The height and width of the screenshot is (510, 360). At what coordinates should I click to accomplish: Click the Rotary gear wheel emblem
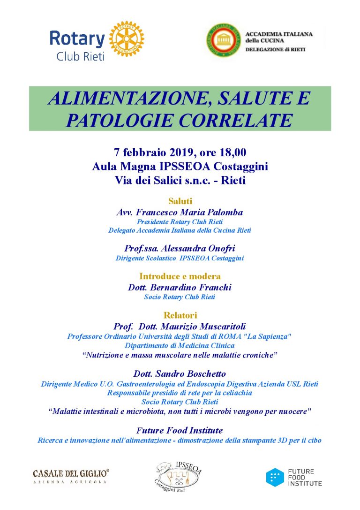click(x=126, y=38)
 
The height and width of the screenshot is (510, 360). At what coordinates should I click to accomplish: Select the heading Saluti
click(x=180, y=201)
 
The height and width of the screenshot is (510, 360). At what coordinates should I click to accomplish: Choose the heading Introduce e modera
click(x=180, y=276)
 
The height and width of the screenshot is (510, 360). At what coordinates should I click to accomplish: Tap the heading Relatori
click(x=180, y=315)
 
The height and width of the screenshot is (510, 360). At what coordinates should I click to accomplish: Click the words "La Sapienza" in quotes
click(x=269, y=336)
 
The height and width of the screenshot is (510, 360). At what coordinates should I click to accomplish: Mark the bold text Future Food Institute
click(x=180, y=430)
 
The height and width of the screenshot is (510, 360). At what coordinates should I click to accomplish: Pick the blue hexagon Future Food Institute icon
click(x=275, y=477)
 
